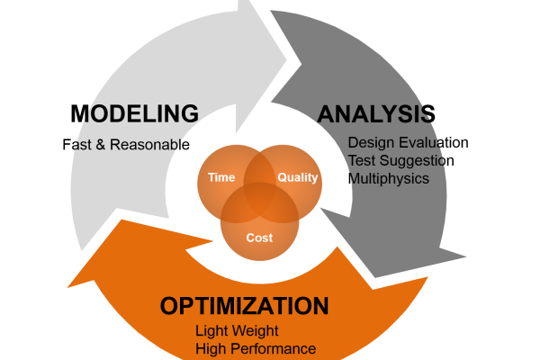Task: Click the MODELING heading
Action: [x=135, y=113]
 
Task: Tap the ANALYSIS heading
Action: [x=376, y=114]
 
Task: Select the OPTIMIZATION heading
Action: [x=244, y=306]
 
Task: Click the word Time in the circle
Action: [x=221, y=177]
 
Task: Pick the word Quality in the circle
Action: [x=298, y=178]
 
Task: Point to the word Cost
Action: [x=259, y=238]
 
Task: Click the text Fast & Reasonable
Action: [x=126, y=145]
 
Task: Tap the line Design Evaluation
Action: [x=408, y=142]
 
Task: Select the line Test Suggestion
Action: [x=400, y=160]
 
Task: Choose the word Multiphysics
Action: [x=389, y=179]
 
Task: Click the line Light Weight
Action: [x=237, y=331]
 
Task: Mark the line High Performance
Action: [x=256, y=349]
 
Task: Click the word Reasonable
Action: [x=149, y=145]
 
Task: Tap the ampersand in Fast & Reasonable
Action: [x=101, y=145]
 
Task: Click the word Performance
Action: [x=274, y=349]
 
